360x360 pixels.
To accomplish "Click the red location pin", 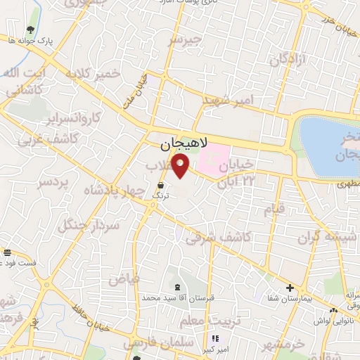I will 181,166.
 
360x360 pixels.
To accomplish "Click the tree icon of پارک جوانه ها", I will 31,30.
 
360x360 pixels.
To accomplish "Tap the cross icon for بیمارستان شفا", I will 290,288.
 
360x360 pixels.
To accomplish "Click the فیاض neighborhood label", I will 124,278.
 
